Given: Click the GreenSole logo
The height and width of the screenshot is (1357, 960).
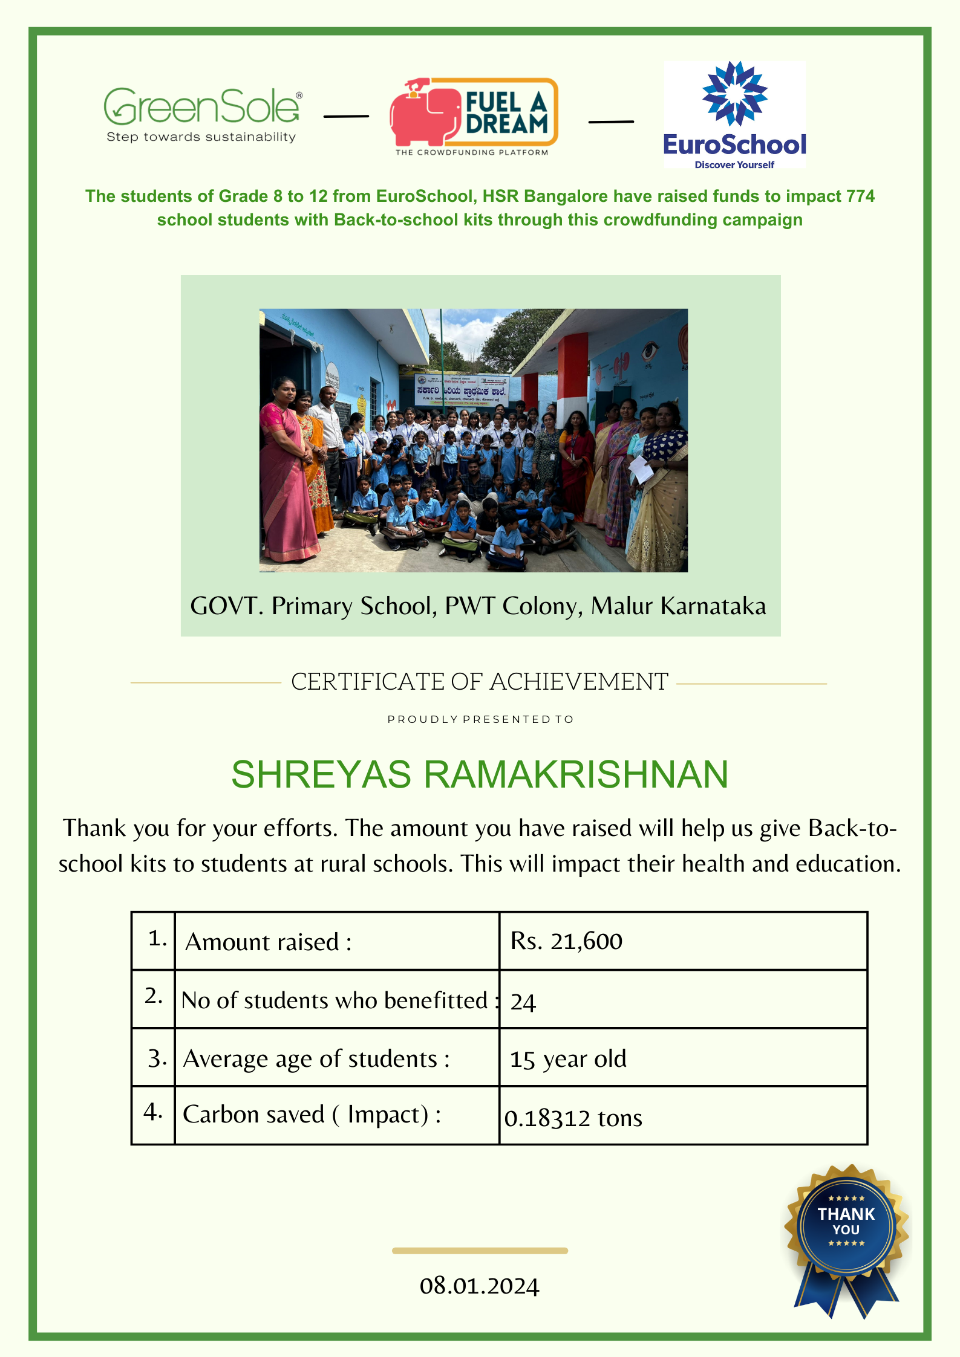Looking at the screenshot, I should [x=202, y=107].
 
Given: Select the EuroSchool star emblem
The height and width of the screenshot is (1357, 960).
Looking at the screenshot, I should [x=734, y=94].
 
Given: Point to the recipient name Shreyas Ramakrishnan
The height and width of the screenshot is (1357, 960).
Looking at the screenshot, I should [x=480, y=774].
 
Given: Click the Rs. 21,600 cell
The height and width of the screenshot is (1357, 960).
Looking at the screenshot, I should [x=566, y=941].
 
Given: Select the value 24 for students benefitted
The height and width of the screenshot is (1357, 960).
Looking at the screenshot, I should [x=523, y=1002].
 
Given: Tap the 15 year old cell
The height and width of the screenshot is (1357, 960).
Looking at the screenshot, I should [x=568, y=1059].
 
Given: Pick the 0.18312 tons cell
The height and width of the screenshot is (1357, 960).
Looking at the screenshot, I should [x=573, y=1118].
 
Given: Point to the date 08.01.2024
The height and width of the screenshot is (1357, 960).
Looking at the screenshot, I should [x=479, y=1286].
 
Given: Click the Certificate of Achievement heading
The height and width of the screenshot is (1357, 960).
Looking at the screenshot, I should [x=479, y=682].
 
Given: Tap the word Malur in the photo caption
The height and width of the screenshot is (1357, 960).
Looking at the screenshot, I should [x=621, y=606].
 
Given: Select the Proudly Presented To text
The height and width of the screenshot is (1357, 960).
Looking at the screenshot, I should [x=480, y=719].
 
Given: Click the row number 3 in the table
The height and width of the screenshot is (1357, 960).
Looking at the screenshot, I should [x=157, y=1058].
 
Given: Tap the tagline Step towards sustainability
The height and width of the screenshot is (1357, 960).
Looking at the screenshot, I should [x=201, y=137].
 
